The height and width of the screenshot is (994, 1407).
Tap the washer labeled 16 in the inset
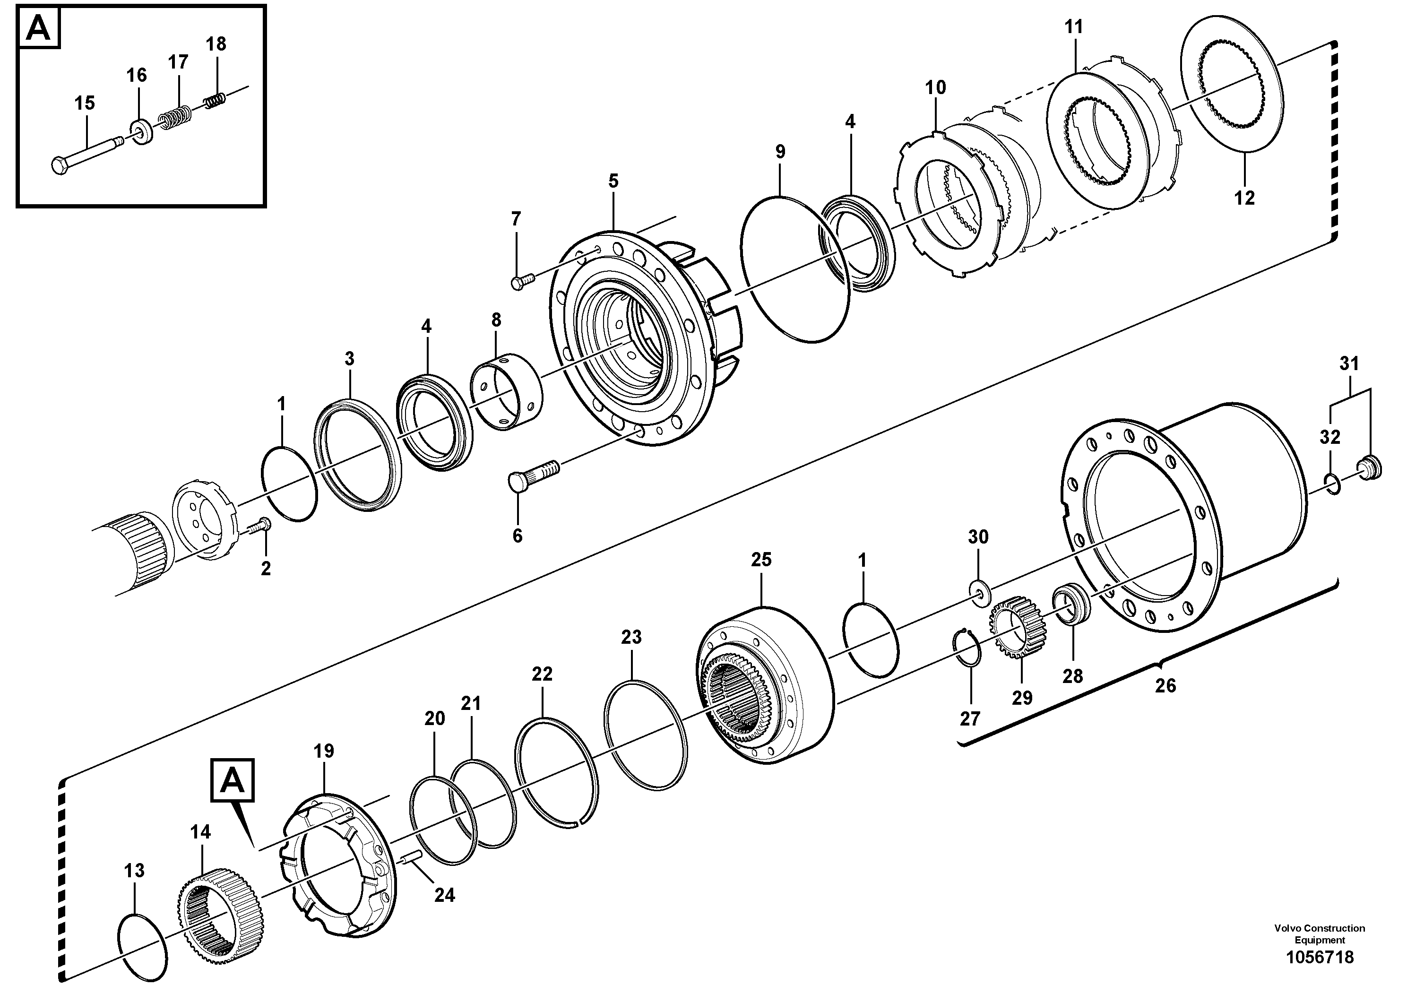pos(142,132)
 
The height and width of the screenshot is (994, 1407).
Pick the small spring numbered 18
pos(215,99)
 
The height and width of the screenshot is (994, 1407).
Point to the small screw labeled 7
pos(522,281)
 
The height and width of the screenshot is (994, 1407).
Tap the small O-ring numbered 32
pos(1333,483)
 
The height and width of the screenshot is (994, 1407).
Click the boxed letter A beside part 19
pos(232,780)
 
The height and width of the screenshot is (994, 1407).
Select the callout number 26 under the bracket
pos(1165,685)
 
